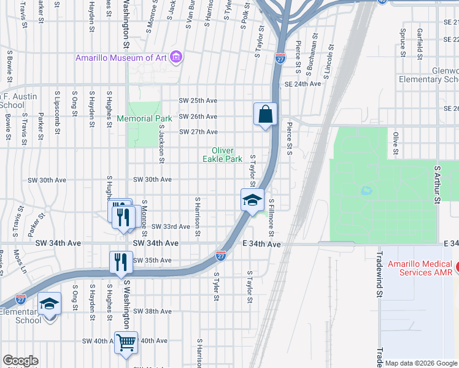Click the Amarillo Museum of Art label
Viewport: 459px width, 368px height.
pos(122,58)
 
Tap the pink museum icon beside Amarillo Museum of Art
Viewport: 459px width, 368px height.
pos(177,58)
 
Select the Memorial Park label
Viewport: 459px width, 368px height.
pos(144,118)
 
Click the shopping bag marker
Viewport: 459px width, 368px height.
pos(265,114)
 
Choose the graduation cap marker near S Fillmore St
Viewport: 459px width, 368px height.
pos(252,200)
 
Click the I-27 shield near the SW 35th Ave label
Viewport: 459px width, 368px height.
pos(221,255)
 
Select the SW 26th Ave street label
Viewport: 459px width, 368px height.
pos(198,117)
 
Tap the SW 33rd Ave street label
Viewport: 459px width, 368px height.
pos(171,226)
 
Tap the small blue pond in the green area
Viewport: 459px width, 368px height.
pos(366,191)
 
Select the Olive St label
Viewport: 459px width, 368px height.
pos(396,143)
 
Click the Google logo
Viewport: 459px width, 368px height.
pos(20,361)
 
